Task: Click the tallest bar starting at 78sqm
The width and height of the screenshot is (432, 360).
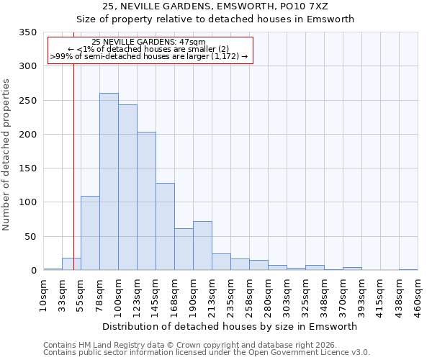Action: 109,181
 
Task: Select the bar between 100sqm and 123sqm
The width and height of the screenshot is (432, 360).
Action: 127,187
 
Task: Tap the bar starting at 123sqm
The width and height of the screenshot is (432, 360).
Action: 146,201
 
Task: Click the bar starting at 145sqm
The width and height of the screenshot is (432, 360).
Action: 165,227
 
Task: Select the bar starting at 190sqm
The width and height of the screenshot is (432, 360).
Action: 202,246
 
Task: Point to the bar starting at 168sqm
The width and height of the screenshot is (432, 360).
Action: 184,249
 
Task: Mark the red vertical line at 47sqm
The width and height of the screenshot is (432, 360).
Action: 73,158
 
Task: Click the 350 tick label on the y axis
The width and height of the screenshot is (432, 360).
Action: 27,32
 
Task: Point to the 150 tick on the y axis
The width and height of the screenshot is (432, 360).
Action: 27,168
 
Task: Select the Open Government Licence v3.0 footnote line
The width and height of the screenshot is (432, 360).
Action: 207,353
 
